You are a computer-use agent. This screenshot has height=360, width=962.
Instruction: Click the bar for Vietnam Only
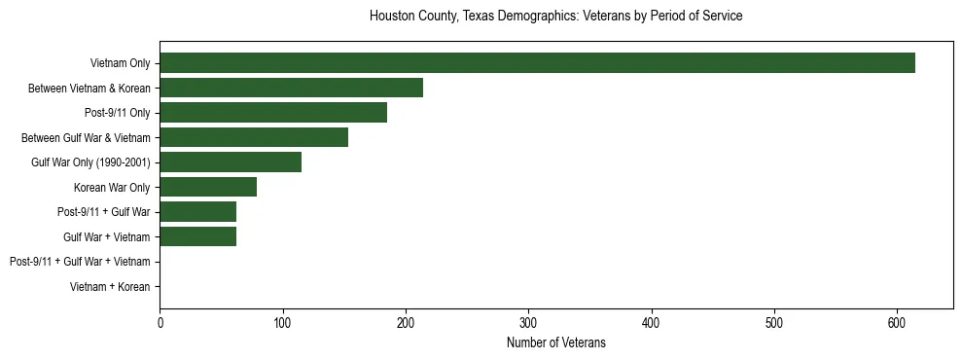537,63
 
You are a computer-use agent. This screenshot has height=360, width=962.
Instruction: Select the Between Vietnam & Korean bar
291,88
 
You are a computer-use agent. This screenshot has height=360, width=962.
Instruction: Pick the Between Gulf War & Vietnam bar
254,137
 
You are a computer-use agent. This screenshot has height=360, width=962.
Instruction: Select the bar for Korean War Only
208,187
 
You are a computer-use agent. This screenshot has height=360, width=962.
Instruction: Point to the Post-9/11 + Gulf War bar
197,212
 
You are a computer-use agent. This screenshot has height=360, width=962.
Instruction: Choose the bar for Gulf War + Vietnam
197,236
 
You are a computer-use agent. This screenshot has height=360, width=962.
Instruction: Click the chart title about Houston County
555,17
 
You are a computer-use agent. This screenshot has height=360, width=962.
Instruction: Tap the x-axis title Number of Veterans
555,342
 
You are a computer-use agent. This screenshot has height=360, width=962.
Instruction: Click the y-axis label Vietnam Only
120,63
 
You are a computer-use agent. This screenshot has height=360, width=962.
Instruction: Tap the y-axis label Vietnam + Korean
110,287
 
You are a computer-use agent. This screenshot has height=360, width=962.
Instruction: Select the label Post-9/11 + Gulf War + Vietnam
80,262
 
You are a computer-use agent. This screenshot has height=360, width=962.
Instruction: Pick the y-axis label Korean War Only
112,187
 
